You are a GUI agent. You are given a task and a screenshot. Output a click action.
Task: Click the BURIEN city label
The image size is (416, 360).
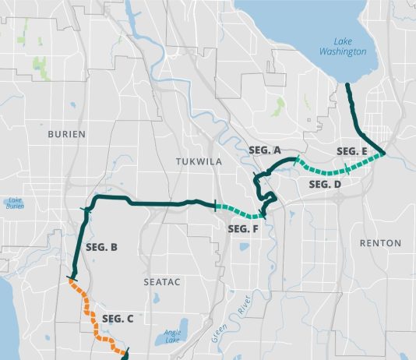(x=66, y=134)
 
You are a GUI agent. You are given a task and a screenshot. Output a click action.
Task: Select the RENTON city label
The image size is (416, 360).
(x=380, y=243)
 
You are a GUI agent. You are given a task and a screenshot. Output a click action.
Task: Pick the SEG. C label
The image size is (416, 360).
(x=118, y=318)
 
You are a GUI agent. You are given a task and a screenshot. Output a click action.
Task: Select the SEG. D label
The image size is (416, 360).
(x=326, y=185)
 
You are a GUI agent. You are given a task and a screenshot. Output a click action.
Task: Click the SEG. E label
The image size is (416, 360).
(x=352, y=150)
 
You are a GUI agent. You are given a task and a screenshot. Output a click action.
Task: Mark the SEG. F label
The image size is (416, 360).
(x=243, y=228)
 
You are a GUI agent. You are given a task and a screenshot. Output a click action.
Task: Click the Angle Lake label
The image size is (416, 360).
(x=173, y=337)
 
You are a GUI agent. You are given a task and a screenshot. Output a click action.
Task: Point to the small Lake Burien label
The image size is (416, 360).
(x=15, y=203)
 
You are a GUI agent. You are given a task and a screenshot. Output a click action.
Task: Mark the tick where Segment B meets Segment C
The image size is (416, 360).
(x=72, y=279)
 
